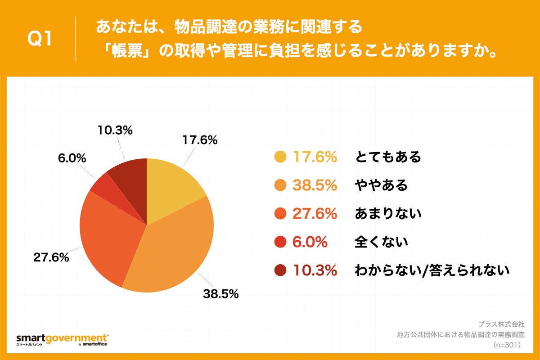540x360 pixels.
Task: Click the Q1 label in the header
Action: [40, 39]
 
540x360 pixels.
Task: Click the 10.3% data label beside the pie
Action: [115, 130]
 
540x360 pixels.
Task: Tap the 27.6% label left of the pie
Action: [51, 258]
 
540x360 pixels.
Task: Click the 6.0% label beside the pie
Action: [72, 158]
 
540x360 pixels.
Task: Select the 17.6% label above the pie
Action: [200, 140]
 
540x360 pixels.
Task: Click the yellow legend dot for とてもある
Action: [280, 157]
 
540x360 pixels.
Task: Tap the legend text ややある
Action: [381, 185]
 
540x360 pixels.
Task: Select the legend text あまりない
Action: [388, 213]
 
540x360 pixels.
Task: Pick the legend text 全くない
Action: [381, 242]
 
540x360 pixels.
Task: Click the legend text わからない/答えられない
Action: [432, 270]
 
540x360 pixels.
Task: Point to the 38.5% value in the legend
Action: [315, 185]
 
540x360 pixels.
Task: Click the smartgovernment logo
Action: [62, 339]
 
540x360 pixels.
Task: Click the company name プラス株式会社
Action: [501, 324]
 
